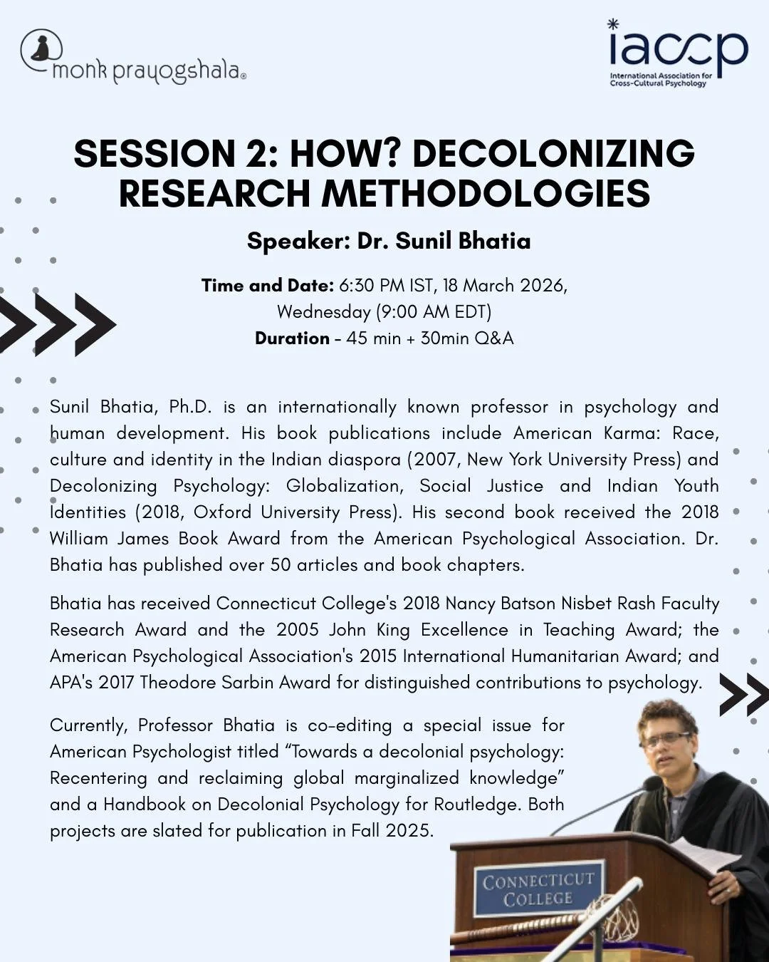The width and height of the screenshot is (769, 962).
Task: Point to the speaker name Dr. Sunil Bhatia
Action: pos(444,241)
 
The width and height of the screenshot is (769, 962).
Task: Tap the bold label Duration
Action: pos(292,338)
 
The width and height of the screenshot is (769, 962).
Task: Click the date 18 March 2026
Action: pos(503,286)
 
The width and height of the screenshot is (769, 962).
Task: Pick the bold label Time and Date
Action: pos(267,286)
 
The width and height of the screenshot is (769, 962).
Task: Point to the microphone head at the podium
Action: pos(651,783)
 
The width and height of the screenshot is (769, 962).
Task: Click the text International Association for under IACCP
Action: pos(660,76)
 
